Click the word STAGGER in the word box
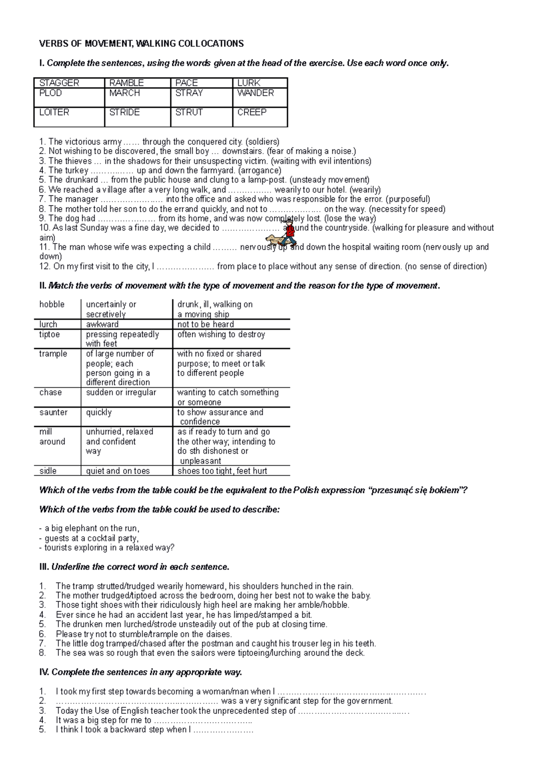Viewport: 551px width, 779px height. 59,83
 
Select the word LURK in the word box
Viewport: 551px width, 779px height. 249,83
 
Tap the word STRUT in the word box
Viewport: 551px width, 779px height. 189,112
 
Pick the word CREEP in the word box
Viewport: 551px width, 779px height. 252,112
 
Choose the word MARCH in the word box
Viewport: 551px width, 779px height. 124,93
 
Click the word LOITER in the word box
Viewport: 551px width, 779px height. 54,112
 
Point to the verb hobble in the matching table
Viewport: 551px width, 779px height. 52,305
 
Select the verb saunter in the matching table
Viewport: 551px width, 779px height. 53,412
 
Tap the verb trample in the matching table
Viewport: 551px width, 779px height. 53,354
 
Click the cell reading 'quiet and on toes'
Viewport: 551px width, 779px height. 118,471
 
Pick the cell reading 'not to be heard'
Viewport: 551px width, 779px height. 206,324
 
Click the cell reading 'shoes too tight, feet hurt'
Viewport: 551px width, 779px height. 222,471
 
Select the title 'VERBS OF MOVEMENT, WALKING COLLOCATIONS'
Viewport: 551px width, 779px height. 141,44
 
